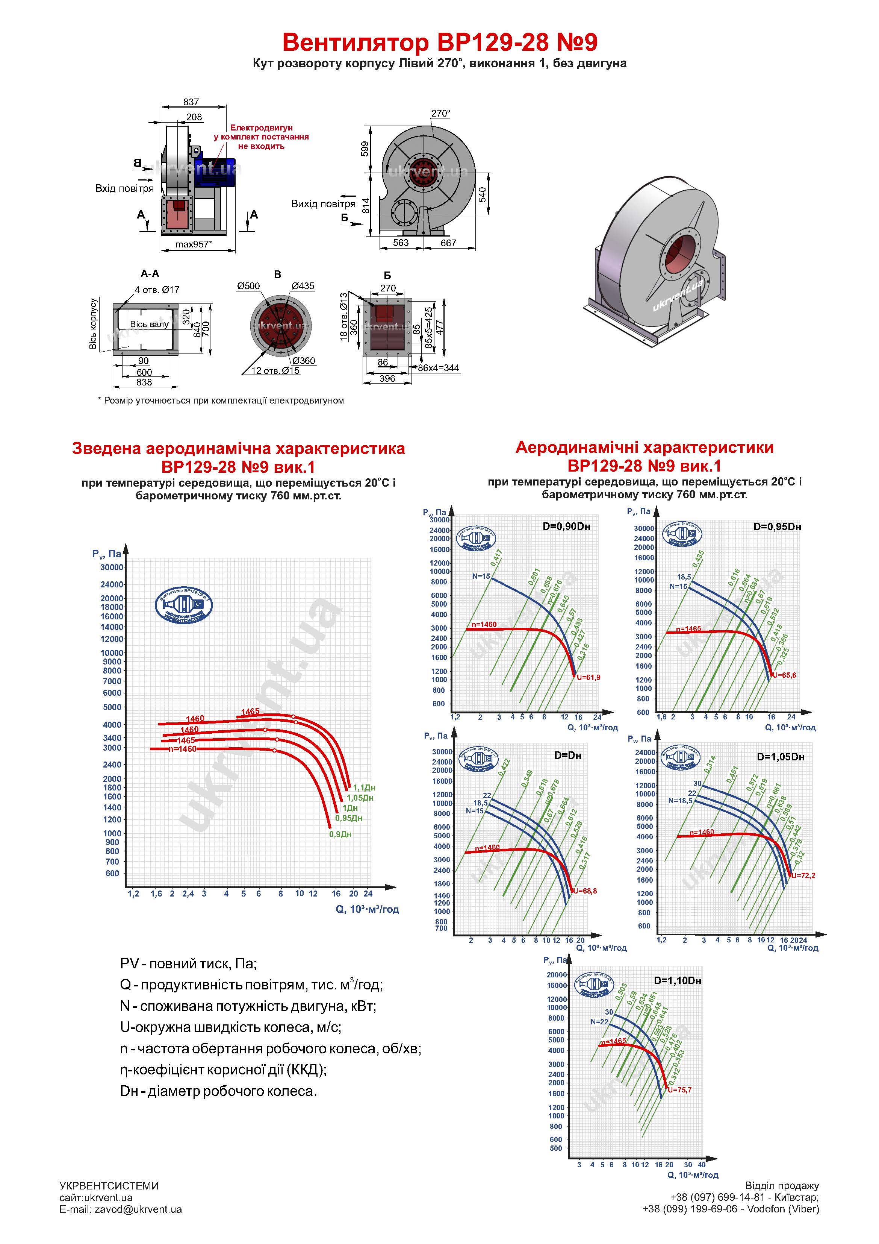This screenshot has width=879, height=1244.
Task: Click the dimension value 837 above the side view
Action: point(191,102)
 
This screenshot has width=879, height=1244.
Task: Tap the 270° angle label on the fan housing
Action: point(440,113)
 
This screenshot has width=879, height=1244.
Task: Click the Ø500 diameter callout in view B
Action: point(248,286)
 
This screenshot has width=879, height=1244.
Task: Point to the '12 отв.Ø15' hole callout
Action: point(275,370)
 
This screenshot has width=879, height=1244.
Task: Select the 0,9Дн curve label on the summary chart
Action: point(340,834)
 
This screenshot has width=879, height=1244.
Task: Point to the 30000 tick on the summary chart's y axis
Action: point(112,567)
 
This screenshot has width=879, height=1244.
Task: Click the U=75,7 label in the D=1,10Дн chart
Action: point(680,1090)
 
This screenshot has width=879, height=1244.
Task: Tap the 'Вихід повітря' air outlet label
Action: point(323,204)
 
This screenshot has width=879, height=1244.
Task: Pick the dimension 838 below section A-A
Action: point(144,382)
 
